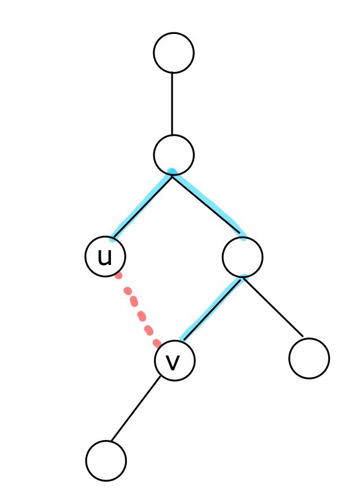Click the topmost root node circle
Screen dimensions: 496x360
tap(174, 53)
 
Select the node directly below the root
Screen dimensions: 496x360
tap(174, 155)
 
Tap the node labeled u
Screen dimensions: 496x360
tap(105, 256)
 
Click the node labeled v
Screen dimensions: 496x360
tap(175, 360)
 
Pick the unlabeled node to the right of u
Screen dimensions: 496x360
tap(242, 257)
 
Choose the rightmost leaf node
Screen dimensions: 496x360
tap(308, 358)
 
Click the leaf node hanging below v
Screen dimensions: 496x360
tap(106, 461)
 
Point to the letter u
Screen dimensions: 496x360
tap(105, 257)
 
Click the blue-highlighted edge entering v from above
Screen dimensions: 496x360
tap(212, 308)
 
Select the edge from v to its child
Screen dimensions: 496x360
tap(135, 408)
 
